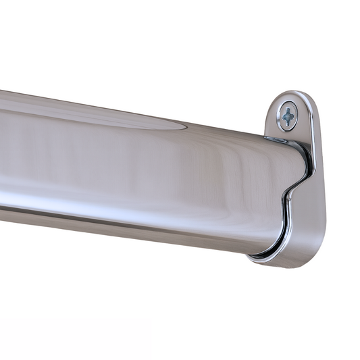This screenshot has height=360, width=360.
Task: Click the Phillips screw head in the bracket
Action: point(289,117)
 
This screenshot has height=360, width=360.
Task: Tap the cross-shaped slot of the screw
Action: point(289,117)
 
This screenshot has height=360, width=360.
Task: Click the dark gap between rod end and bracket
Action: point(308,159)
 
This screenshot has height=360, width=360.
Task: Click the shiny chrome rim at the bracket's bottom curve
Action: point(270,259)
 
